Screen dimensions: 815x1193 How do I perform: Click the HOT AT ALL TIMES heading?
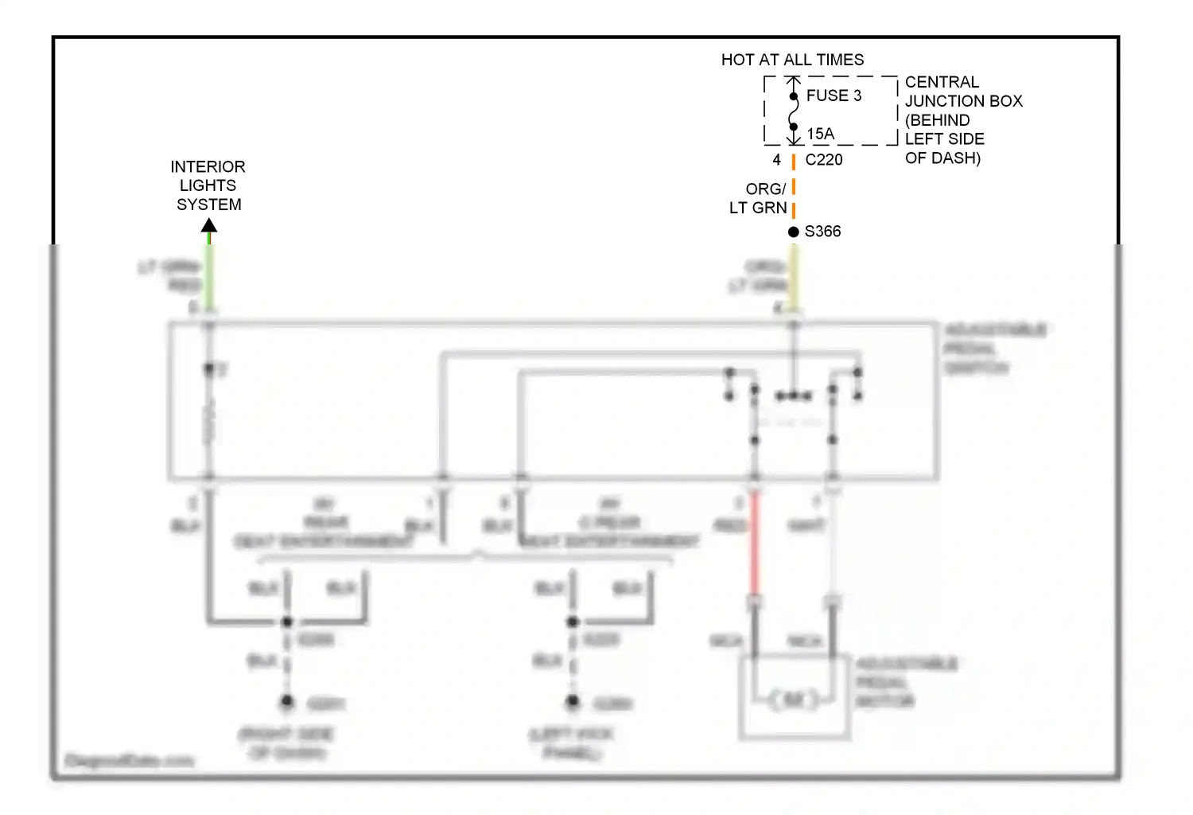tap(792, 60)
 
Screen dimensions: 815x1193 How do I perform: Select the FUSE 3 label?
tap(834, 96)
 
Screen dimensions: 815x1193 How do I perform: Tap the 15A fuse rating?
tap(821, 134)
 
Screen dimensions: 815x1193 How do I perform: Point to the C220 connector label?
tap(824, 159)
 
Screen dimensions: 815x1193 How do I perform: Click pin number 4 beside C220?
tap(776, 159)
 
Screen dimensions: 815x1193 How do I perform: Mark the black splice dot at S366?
tap(793, 232)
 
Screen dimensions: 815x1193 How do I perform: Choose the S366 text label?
tap(822, 232)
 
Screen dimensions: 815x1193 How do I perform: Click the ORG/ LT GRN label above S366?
tap(759, 198)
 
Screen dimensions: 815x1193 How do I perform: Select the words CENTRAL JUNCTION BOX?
tap(962, 92)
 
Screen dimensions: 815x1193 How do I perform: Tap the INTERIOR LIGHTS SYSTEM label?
tap(208, 185)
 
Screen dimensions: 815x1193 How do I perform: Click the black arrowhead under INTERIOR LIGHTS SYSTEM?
tap(209, 225)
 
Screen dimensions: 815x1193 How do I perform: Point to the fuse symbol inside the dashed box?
tap(793, 111)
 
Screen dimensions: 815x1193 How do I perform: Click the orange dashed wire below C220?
tap(794, 187)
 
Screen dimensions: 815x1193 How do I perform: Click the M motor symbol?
tap(794, 700)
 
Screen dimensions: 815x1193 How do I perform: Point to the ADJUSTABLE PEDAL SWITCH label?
tap(994, 349)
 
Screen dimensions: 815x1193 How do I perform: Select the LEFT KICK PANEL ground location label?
tap(571, 743)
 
